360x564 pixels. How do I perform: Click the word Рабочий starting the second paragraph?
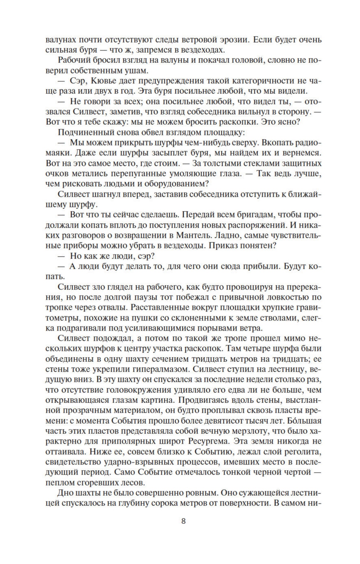point(74,61)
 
